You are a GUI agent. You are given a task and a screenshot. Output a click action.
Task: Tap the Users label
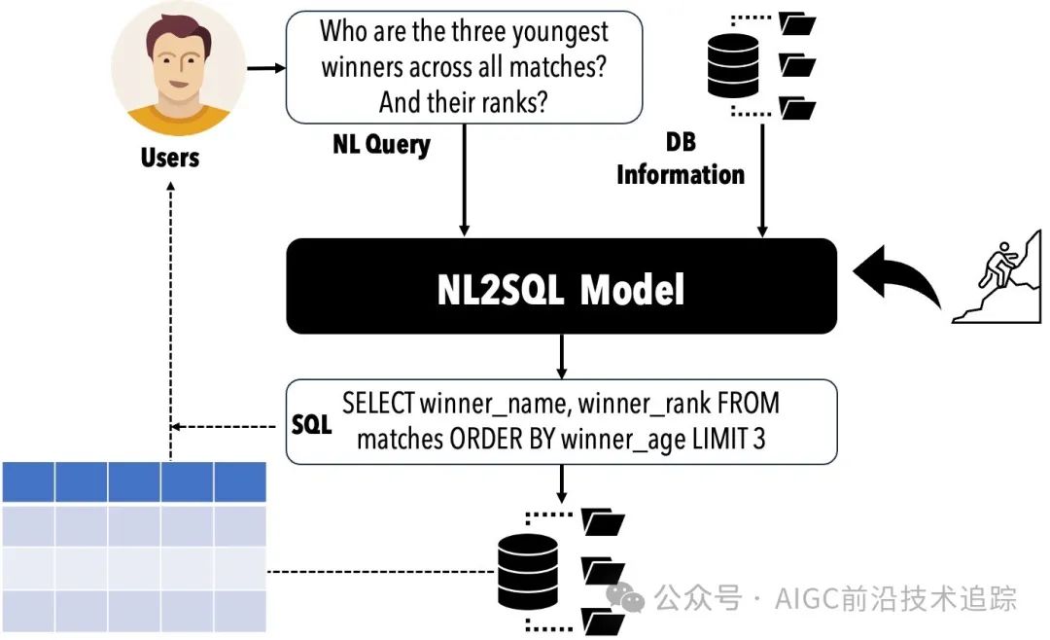tap(170, 158)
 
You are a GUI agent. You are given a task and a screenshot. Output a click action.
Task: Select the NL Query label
tap(381, 145)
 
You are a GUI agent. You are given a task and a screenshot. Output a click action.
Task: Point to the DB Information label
tap(681, 160)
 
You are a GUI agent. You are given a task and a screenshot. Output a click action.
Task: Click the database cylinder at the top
tap(734, 63)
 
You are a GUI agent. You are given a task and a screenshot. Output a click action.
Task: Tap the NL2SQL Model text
tap(560, 289)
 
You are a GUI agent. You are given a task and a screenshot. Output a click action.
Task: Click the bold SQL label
tap(312, 426)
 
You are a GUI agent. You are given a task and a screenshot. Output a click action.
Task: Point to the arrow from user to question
tap(265, 69)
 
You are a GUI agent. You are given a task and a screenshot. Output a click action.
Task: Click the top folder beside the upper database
tap(799, 22)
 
